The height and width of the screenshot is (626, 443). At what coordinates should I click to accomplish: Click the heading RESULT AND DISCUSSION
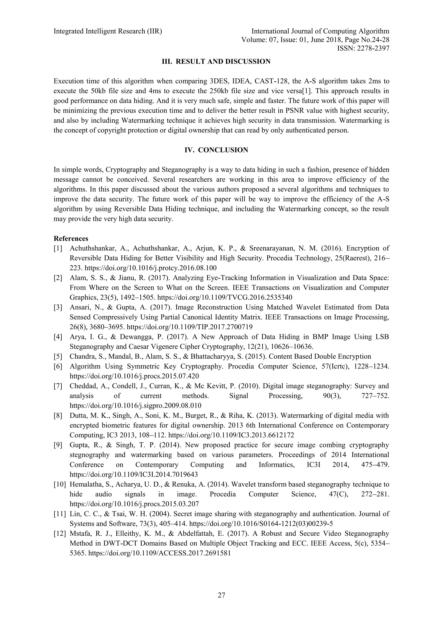click(x=216, y=62)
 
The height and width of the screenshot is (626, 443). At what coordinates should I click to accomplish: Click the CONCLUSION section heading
click(x=216, y=150)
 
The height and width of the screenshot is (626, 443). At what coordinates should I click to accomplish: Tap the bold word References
click(x=71, y=239)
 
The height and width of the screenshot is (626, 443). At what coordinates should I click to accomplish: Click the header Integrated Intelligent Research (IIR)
click(x=108, y=31)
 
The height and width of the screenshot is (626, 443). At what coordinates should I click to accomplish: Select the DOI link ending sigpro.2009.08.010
click(x=136, y=406)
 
